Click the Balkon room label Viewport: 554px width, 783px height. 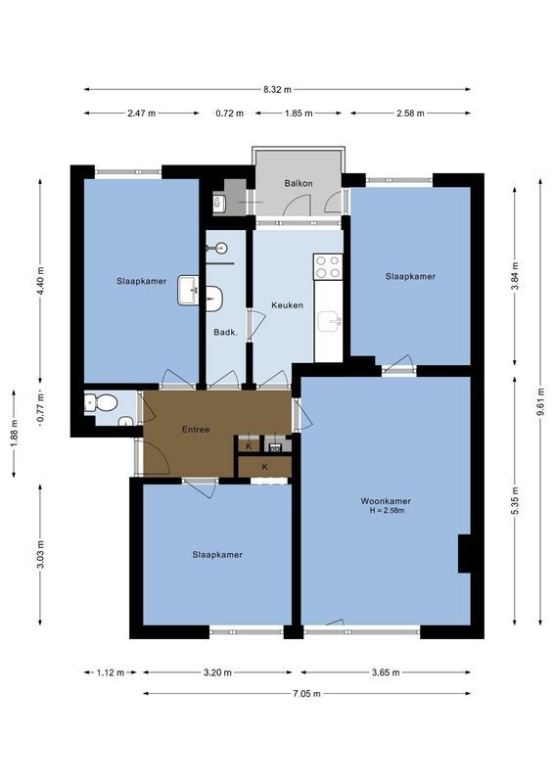[x=299, y=183]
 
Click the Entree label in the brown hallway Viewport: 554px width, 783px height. [x=196, y=430]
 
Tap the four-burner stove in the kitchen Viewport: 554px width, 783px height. [x=328, y=265]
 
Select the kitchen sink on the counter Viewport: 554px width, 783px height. [x=332, y=320]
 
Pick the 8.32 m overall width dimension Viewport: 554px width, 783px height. [x=277, y=89]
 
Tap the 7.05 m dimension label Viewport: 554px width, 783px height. [x=306, y=693]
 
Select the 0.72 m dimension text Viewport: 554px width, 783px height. [x=229, y=114]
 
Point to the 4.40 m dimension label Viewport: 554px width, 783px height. [x=41, y=281]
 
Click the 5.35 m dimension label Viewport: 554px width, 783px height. [x=516, y=499]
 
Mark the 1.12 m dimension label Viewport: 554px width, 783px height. [x=110, y=672]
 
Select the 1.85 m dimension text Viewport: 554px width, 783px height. [x=298, y=114]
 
